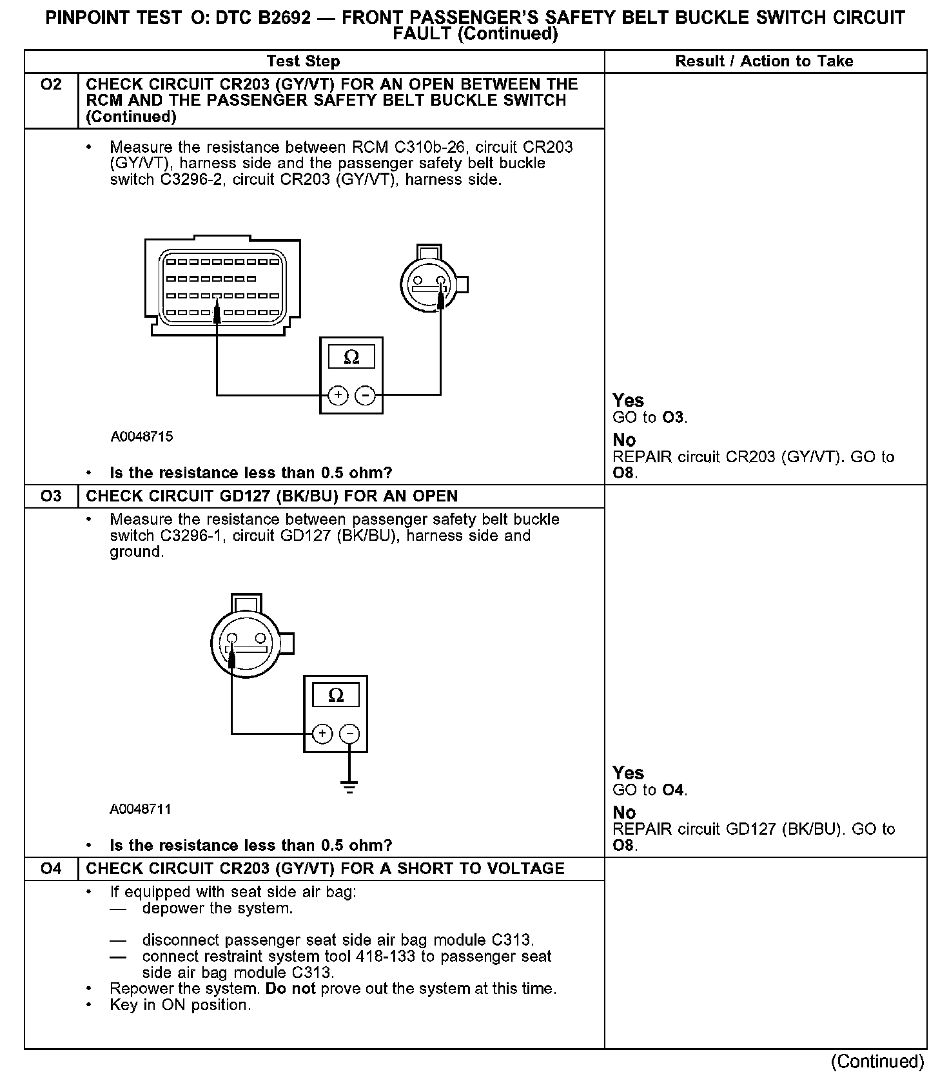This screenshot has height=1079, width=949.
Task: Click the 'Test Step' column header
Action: [303, 61]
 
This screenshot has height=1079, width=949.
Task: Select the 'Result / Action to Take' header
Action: [764, 61]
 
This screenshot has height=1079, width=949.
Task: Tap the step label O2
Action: [51, 84]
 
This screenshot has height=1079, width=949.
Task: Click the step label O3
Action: [51, 496]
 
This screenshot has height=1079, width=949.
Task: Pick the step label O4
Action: [51, 869]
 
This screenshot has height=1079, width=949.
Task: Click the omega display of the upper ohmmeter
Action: [351, 357]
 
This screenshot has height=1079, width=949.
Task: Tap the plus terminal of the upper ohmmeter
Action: [338, 394]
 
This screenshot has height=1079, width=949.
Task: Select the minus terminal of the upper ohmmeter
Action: [365, 394]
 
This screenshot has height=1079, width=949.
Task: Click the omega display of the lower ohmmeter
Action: [336, 695]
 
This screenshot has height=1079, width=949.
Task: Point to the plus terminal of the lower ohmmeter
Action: [322, 734]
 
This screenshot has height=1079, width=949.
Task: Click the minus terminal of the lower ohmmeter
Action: [349, 734]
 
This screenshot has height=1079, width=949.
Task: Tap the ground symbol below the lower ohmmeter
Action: [349, 788]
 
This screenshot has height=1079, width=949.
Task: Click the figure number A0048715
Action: [142, 437]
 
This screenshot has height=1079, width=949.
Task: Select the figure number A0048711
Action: [141, 810]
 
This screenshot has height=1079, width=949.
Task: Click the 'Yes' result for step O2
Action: [628, 400]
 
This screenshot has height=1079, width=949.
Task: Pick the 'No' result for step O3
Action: [624, 813]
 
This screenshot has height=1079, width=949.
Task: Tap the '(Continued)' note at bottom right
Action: [877, 1061]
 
